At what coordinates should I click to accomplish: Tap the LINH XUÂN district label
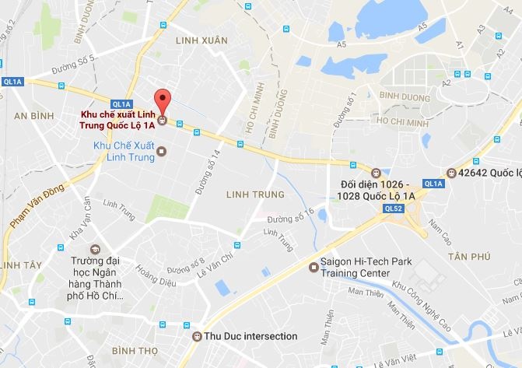[x=201, y=40]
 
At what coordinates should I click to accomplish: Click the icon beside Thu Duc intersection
[x=196, y=336]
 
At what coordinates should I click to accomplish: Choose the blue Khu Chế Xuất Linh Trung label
[x=124, y=151]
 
